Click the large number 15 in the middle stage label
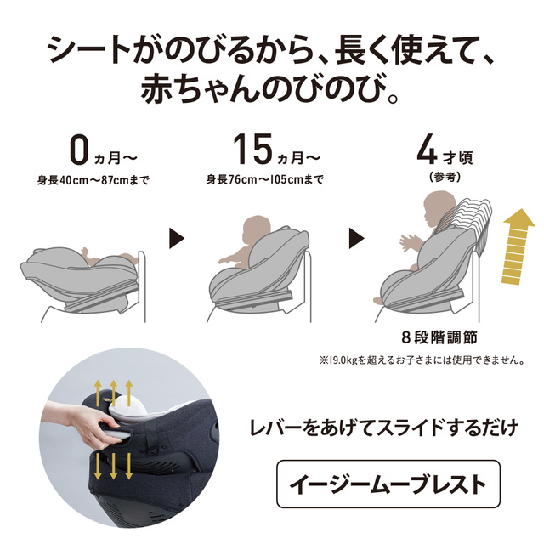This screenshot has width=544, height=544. coord(252,150)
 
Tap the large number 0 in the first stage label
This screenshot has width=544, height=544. coord(79,150)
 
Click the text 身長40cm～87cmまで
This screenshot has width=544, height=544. coord(93,180)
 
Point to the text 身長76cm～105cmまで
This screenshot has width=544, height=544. coord(265,179)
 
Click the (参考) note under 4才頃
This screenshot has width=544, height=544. coord(445,177)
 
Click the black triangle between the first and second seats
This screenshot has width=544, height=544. coord(177,238)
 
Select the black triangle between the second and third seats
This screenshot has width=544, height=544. coord(356,238)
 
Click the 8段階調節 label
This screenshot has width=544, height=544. coord(439,337)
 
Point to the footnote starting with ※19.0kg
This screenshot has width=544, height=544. coord(422,360)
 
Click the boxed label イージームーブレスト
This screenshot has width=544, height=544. coord(388,484)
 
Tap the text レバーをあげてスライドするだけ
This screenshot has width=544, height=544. coord(384,428)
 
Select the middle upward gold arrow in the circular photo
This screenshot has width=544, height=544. coord(113,393)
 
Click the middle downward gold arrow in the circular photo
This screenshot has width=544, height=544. coord(113,467)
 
